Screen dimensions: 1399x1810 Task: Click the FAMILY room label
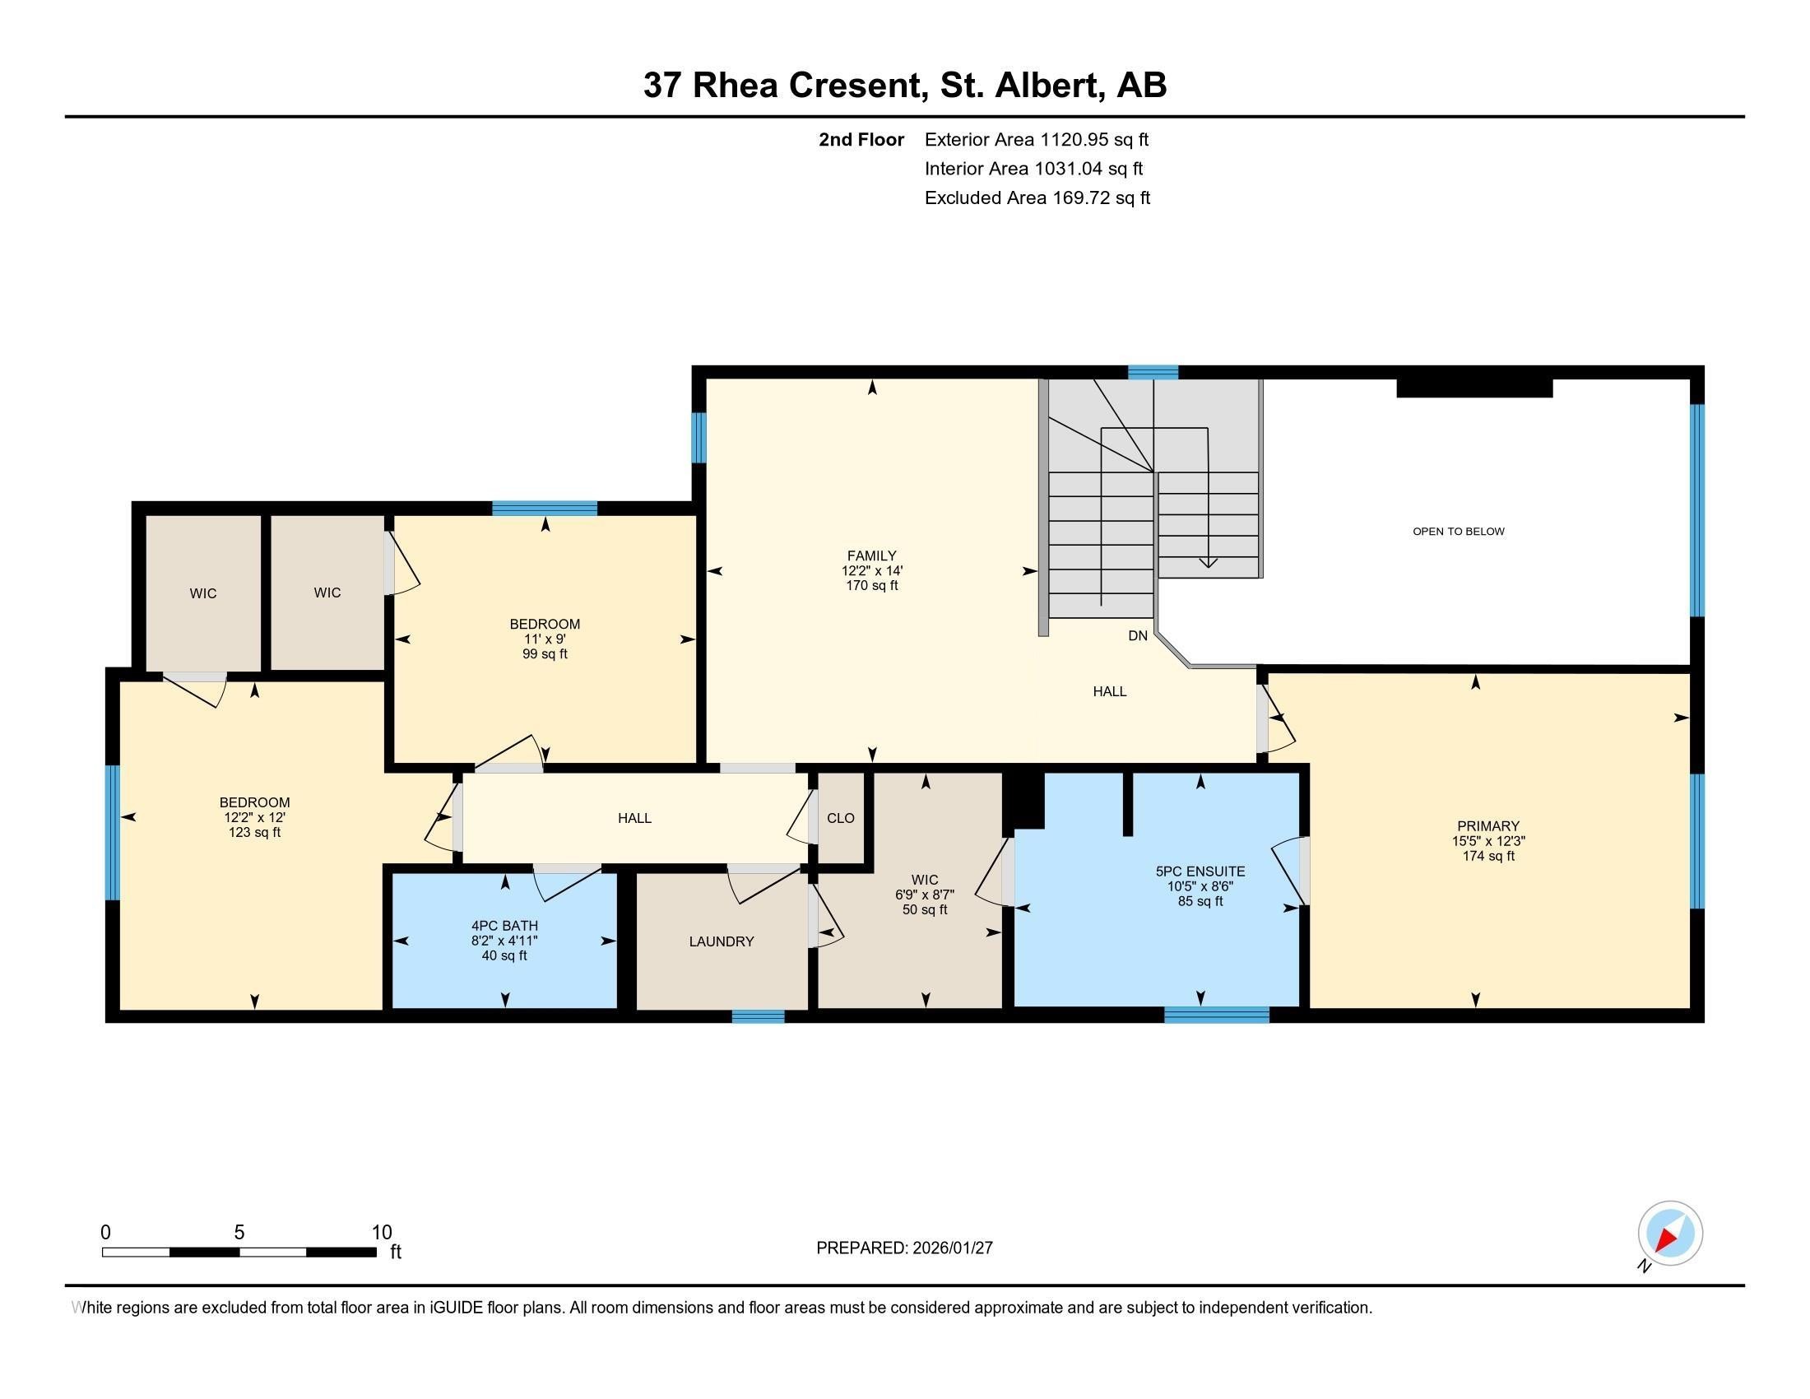(871, 555)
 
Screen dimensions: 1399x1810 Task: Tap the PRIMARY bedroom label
(1487, 825)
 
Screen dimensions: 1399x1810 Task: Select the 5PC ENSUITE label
(1200, 871)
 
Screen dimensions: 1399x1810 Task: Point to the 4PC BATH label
(504, 926)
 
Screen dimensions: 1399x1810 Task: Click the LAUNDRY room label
(721, 941)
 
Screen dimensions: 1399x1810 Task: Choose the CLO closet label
(840, 818)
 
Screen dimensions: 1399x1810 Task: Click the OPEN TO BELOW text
(1458, 532)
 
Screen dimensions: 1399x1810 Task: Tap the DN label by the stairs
(1137, 635)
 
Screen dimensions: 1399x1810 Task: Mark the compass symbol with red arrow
(1669, 1234)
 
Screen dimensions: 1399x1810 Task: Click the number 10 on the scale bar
(381, 1233)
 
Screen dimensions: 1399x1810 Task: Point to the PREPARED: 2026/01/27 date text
(904, 1248)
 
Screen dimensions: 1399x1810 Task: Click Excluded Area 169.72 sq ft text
(1037, 198)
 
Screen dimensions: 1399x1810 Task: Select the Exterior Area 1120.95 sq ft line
(1036, 140)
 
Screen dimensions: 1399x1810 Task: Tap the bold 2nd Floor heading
(861, 140)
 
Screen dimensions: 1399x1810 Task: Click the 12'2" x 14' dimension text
(871, 571)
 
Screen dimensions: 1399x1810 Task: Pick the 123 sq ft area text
(254, 832)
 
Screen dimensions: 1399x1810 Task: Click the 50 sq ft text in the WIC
(924, 909)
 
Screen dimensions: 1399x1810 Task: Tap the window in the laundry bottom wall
(758, 1016)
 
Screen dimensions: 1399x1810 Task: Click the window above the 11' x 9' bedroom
(545, 508)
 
